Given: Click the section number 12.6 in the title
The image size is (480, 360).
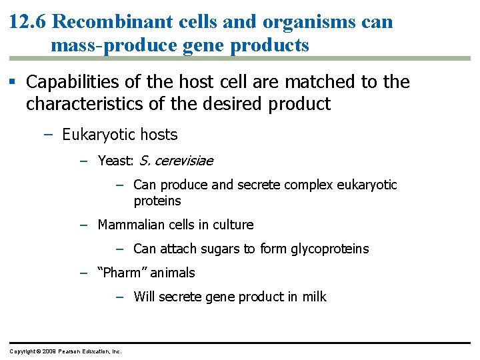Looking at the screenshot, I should pyautogui.click(x=27, y=21).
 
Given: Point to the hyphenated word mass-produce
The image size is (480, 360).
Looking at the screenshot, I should pyautogui.click(x=111, y=45).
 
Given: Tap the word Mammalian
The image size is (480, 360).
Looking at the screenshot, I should pyautogui.click(x=130, y=225).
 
